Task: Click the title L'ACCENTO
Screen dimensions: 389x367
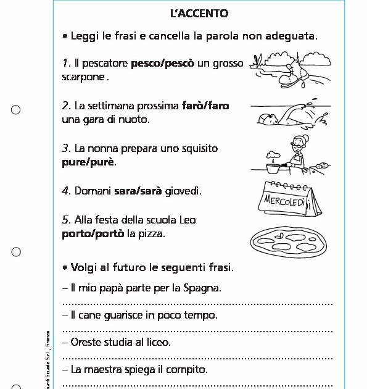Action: tap(199, 14)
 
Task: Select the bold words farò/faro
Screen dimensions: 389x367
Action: tap(205, 106)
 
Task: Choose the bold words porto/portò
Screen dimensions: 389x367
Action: tap(93, 233)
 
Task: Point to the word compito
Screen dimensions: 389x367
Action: tap(188, 370)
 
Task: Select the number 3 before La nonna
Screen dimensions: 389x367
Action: tap(65, 149)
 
